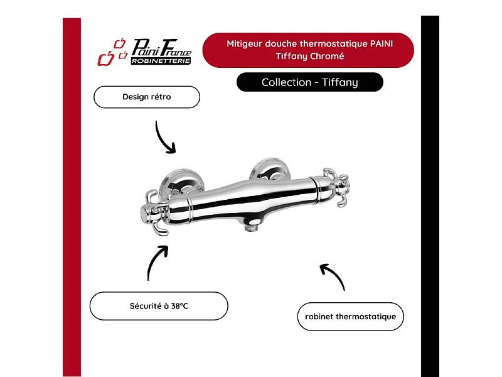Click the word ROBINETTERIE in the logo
tap(161, 61)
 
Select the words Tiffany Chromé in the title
tap(308, 56)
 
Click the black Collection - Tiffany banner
tap(309, 82)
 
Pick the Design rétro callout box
tap(146, 97)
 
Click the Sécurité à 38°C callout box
tap(158, 306)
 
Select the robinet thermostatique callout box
tap(350, 317)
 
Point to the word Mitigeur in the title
tap(243, 44)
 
